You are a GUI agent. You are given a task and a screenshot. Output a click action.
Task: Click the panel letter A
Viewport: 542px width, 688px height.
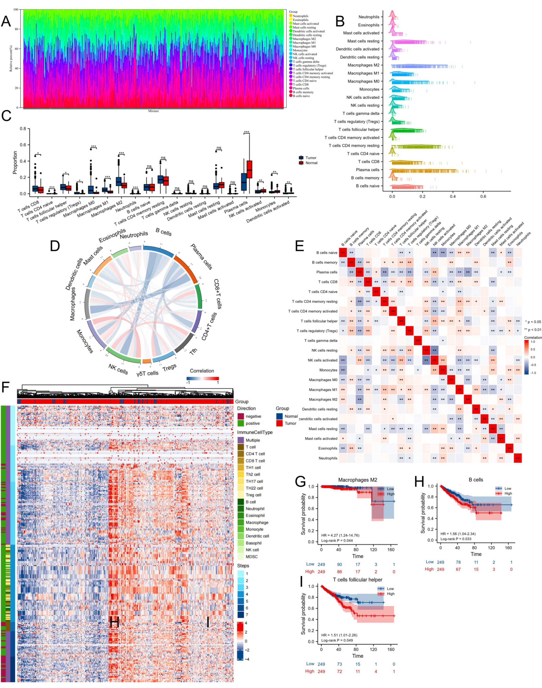[6, 22]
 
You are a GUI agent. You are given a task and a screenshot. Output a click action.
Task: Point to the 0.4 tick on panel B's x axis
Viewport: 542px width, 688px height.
[453, 196]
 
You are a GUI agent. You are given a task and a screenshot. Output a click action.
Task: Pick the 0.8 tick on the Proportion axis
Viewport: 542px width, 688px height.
[23, 129]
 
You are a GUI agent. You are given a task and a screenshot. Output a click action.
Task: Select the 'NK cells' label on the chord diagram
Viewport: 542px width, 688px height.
[118, 369]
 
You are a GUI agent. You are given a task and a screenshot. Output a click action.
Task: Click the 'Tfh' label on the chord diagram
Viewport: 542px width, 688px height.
[194, 351]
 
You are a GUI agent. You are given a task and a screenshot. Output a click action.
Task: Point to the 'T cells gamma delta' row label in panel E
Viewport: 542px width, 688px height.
[321, 341]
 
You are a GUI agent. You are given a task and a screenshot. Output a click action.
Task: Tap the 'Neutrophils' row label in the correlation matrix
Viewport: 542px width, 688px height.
[328, 458]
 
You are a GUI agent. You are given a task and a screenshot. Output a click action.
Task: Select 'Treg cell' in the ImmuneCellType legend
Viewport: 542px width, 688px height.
[253, 495]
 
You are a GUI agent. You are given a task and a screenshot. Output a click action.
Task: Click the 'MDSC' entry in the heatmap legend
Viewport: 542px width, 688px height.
[251, 557]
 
